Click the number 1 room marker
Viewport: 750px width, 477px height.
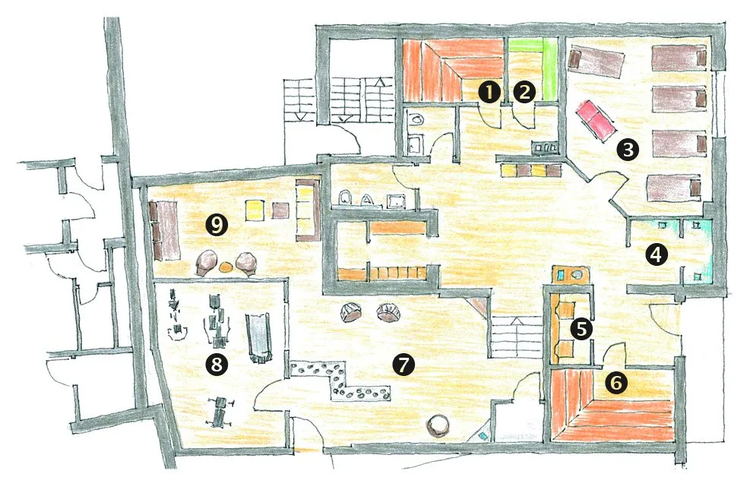490,92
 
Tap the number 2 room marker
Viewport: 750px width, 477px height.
525,92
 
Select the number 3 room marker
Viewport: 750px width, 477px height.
628,150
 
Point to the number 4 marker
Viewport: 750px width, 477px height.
657,254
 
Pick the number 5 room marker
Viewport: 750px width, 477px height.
581,329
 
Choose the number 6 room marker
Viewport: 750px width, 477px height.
616,382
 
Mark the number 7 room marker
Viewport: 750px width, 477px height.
403,365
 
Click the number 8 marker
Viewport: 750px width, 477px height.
217,365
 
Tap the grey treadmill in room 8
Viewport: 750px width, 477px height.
258,338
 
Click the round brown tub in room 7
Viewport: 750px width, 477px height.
438,425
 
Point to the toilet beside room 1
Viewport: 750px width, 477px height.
416,117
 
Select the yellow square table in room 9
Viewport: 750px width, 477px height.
255,210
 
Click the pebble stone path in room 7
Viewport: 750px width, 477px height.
340,381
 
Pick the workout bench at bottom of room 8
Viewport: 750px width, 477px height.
219,411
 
